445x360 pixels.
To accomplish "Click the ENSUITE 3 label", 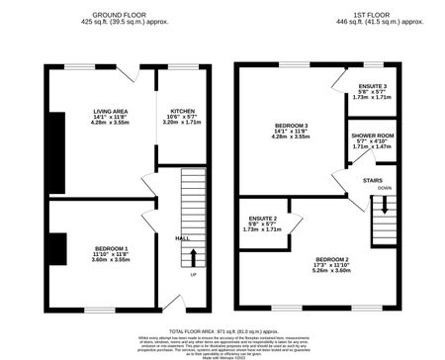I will pyautogui.click(x=373, y=86).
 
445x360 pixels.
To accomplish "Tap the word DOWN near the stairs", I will pyautogui.click(x=385, y=187).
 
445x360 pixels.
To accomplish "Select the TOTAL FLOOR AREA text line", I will pyautogui.click(x=222, y=328).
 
